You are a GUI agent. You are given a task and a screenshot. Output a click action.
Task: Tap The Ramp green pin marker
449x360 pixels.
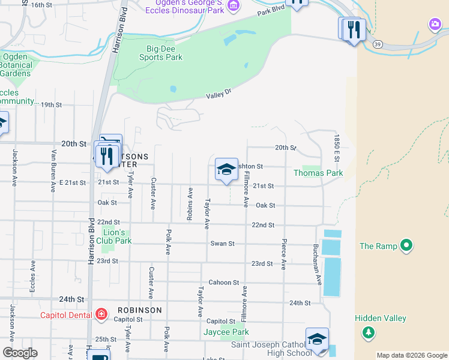(x=406, y=245)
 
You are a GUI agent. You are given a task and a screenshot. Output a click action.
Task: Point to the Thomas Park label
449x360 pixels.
(x=318, y=173)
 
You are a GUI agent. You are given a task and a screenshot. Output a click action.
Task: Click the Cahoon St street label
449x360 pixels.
(x=223, y=283)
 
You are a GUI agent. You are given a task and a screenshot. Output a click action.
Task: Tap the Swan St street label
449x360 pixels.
(x=222, y=244)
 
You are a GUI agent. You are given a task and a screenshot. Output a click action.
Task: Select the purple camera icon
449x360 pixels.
(x=435, y=25)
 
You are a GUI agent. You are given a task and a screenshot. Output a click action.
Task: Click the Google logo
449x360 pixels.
(x=19, y=353)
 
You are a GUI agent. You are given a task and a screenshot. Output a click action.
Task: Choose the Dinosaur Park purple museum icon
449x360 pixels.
(x=234, y=6)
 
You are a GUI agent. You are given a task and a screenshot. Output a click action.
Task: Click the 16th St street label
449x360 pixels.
(x=41, y=5)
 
